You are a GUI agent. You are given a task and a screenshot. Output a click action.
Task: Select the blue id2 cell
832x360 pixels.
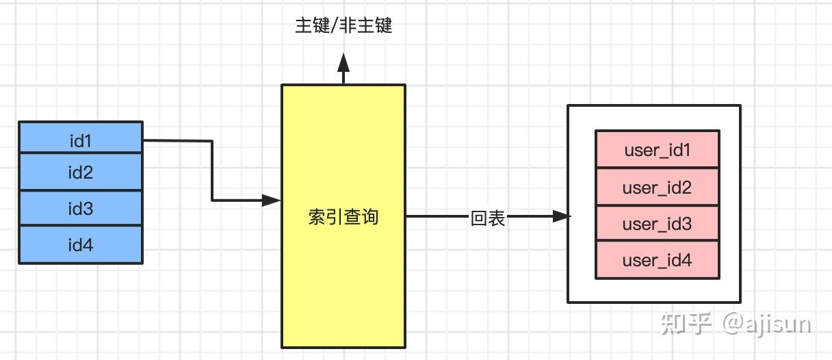[x=80, y=172]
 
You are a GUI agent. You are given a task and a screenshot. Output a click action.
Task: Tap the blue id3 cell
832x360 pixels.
[x=80, y=208]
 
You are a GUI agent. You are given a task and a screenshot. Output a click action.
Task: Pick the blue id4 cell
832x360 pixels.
[x=80, y=244]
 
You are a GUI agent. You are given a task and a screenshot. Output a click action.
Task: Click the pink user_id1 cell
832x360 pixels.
[x=657, y=149]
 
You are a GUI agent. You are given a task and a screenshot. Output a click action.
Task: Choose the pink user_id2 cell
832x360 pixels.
[x=657, y=187]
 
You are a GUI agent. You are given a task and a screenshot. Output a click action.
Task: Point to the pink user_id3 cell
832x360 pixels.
[x=657, y=223]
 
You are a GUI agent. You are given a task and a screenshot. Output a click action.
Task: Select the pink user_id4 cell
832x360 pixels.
[x=657, y=259]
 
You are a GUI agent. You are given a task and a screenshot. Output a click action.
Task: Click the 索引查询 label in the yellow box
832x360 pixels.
[x=343, y=218]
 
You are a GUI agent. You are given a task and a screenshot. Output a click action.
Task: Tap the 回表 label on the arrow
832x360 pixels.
[x=488, y=218]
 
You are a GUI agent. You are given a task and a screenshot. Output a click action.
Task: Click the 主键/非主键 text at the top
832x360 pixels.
[x=343, y=26]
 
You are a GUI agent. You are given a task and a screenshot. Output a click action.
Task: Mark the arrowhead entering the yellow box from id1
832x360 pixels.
[x=272, y=201]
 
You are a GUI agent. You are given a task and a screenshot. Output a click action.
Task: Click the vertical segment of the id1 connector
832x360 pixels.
[x=212, y=171]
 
